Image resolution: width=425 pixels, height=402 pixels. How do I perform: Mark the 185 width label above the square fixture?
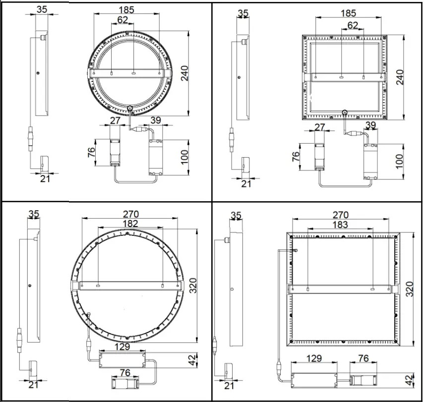349,14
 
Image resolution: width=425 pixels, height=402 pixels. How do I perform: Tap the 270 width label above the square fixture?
340,215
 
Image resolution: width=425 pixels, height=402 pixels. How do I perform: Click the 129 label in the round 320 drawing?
122,346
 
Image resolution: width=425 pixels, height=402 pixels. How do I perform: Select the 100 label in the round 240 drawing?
184,157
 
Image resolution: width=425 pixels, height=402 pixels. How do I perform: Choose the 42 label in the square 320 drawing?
409,381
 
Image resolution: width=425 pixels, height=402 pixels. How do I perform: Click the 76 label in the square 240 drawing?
296,157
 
